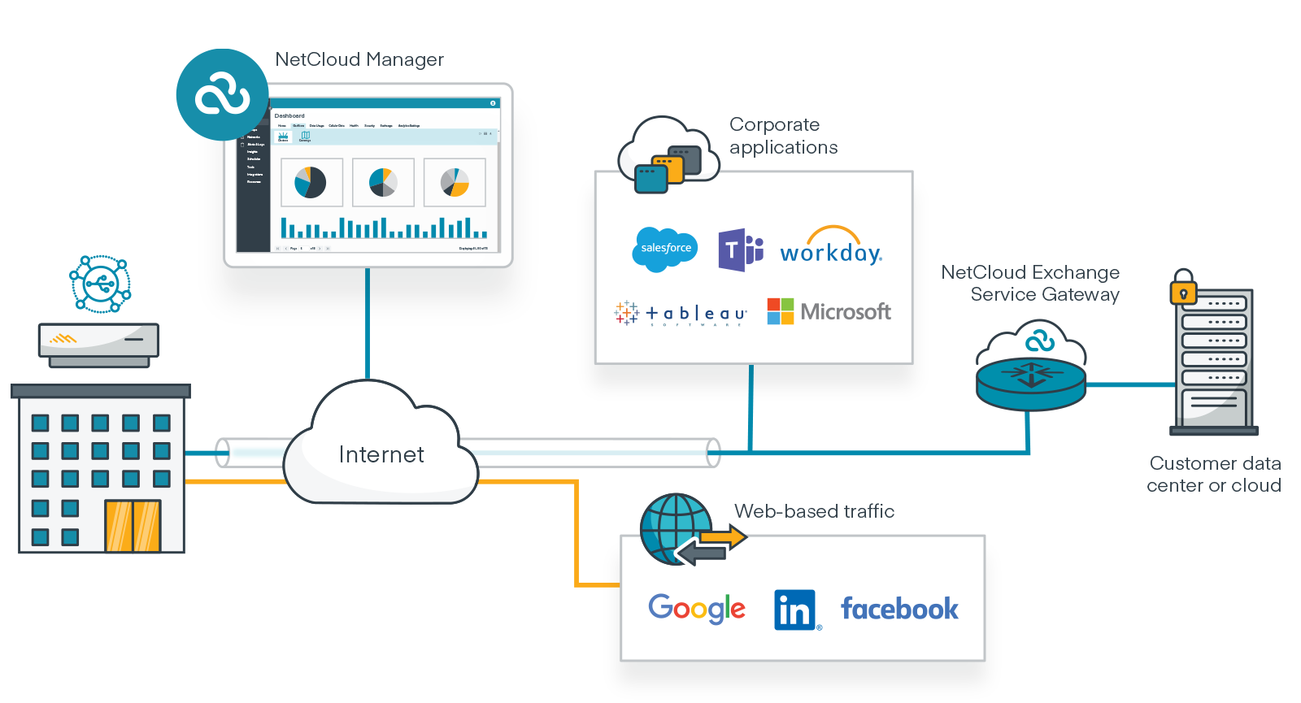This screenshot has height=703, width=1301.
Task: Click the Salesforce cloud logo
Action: point(665,249)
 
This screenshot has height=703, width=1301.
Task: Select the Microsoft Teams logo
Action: point(740,250)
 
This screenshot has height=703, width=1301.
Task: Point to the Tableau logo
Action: point(681,313)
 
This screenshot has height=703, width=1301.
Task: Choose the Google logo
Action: point(697,608)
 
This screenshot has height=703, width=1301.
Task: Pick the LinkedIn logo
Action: point(795,610)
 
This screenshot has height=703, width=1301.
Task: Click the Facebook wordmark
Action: point(899,609)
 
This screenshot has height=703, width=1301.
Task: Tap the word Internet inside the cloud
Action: point(381,454)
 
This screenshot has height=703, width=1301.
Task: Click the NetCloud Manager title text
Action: point(359,59)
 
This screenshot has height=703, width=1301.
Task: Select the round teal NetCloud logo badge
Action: point(222,95)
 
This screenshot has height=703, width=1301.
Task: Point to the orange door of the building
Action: point(133,526)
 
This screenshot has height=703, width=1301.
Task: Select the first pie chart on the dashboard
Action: point(311,182)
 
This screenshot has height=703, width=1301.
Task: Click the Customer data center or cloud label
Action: point(1214,474)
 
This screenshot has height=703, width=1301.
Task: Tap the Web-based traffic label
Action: point(814,511)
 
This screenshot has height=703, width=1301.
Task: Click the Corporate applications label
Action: point(782,136)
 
